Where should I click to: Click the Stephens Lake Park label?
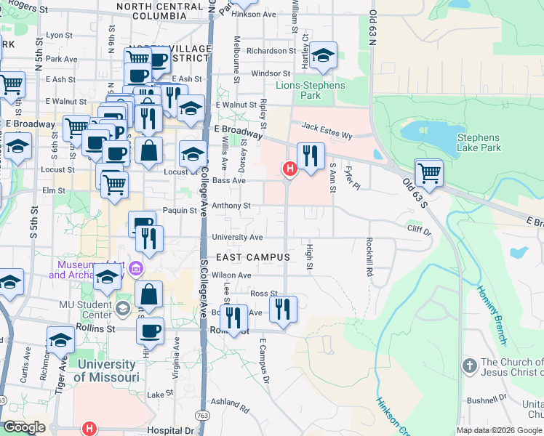[x=479, y=142]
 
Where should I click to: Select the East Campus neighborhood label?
[x=253, y=257]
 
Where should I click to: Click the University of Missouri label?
[x=106, y=371]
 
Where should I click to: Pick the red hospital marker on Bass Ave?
[x=289, y=169]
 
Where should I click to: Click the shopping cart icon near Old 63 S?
[x=429, y=174]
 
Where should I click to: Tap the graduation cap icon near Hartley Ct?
[x=322, y=56]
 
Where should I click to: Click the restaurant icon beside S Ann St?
[x=311, y=156]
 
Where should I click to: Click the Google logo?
[x=25, y=427]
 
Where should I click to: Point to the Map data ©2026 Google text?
[x=499, y=430]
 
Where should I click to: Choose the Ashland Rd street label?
[x=230, y=401]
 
